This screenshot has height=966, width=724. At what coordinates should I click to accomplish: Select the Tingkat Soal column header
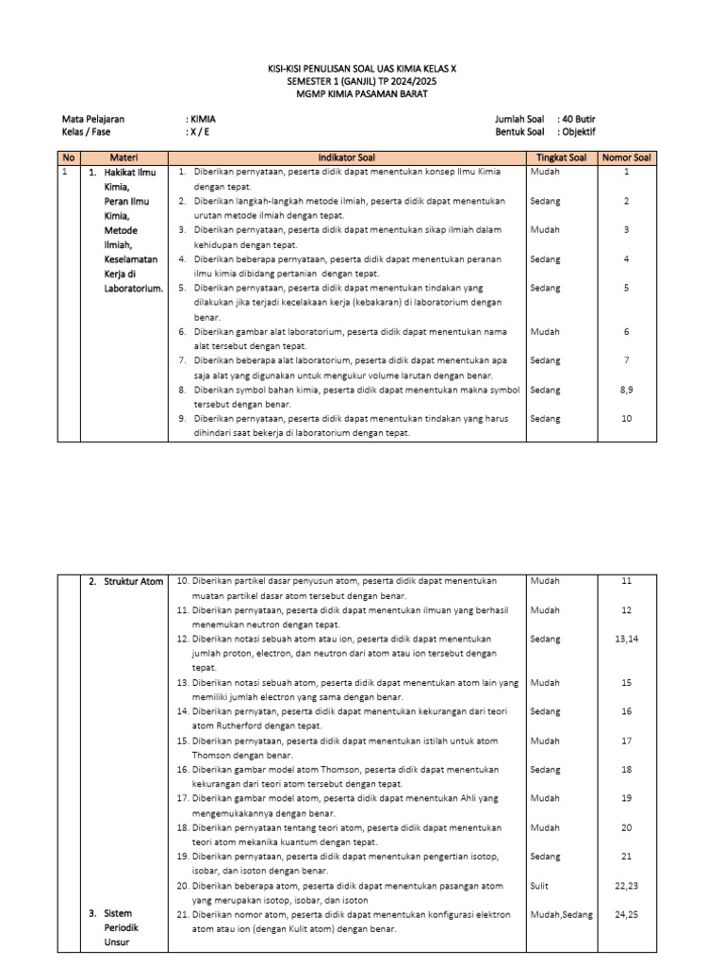561,158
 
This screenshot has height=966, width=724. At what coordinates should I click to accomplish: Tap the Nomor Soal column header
626,158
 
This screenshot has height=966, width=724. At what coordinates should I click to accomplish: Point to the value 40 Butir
577,119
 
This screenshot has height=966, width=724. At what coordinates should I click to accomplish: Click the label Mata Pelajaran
93,119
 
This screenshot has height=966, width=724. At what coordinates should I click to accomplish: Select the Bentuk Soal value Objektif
577,132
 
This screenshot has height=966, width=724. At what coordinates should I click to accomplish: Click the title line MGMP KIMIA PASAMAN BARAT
362,94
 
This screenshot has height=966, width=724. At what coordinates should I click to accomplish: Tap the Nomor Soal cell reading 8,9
626,390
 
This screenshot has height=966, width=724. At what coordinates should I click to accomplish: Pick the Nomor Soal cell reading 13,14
626,639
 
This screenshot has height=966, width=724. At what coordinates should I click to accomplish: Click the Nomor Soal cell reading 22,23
626,886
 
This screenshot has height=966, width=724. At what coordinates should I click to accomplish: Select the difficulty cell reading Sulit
539,886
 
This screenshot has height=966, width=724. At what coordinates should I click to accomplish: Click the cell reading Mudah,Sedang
562,914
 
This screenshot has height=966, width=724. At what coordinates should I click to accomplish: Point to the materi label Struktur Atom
134,581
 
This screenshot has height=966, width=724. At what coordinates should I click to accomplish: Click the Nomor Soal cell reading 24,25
626,914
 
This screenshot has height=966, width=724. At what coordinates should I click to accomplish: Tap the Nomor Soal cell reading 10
626,418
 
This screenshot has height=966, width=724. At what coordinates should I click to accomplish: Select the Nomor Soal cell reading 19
626,798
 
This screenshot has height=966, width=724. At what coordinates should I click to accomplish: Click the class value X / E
199,132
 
